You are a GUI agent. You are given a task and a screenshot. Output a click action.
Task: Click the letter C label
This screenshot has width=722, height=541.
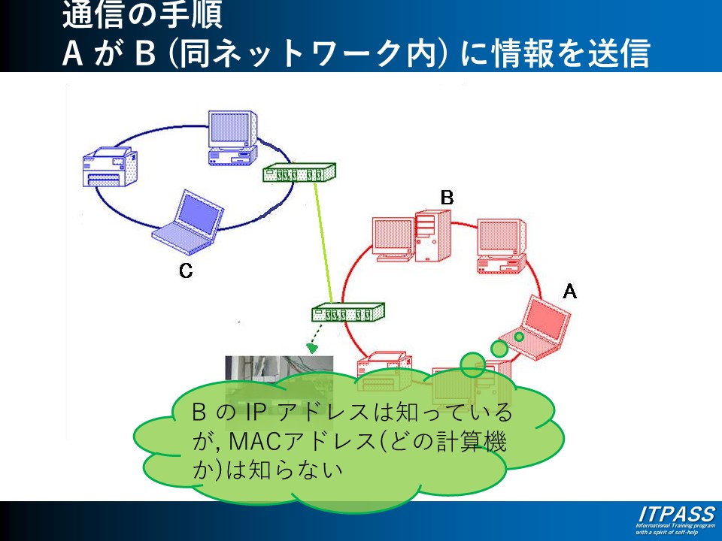pyautogui.click(x=186, y=271)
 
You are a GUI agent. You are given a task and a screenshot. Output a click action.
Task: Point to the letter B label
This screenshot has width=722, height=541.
pyautogui.click(x=447, y=198)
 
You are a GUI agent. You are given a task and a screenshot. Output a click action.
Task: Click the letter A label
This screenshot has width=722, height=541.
pyautogui.click(x=569, y=291)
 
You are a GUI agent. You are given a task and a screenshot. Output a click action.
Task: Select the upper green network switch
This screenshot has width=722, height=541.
pyautogui.click(x=298, y=174)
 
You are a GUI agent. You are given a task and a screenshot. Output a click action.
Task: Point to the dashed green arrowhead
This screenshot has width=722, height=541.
pyautogui.click(x=312, y=349)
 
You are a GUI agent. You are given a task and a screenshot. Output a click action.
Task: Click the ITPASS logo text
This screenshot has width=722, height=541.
pyautogui.click(x=675, y=515)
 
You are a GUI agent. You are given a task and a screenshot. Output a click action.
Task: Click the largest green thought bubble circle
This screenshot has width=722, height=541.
pyautogui.click(x=473, y=365)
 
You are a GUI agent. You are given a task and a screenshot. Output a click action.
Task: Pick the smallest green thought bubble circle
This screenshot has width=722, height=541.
pyautogui.click(x=519, y=336)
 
